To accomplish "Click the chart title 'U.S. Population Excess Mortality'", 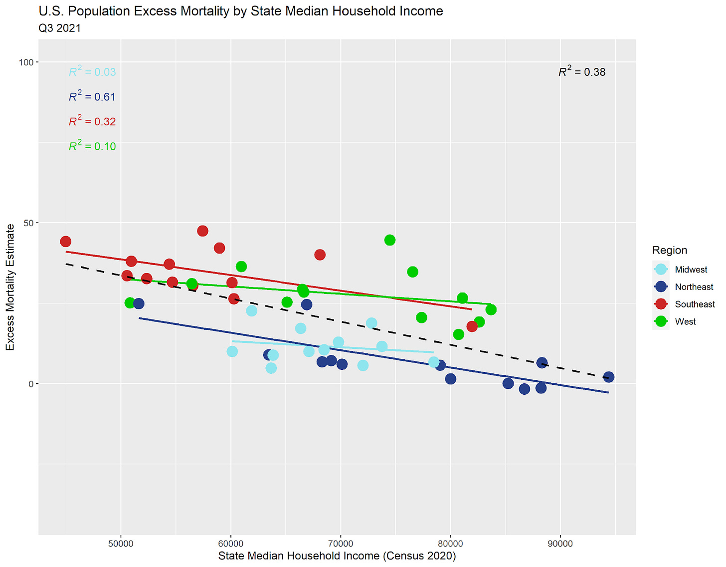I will click(241, 11).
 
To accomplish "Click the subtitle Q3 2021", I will click(59, 28).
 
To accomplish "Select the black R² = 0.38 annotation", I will click(582, 72).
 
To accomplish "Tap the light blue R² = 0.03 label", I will click(92, 72).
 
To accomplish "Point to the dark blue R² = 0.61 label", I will click(92, 96).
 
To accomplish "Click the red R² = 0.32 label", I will click(92, 121).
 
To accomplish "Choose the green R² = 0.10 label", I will click(92, 146).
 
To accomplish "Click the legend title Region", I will click(670, 251).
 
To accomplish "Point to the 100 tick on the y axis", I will click(26, 62).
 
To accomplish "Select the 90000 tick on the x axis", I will click(560, 544).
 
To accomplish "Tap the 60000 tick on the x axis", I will click(231, 544).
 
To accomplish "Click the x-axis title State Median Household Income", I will click(337, 556).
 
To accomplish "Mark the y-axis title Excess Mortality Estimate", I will click(10, 287).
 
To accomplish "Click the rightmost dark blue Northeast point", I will click(608, 377).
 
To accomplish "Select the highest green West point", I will click(390, 240).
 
